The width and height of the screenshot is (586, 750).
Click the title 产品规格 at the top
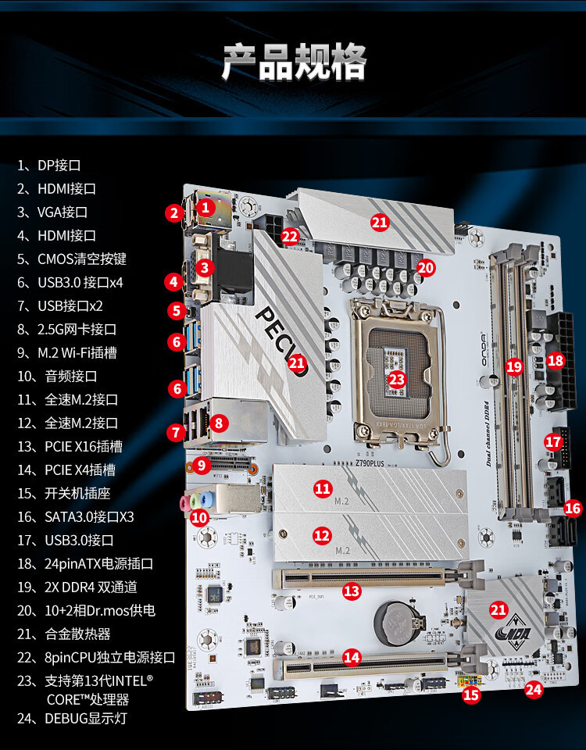click(x=294, y=62)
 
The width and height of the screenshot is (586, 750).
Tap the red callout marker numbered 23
click(x=398, y=379)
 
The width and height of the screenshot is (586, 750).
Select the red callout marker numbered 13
click(x=352, y=591)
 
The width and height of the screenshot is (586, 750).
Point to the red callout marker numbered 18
click(x=556, y=361)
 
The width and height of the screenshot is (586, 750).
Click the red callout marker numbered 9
click(x=202, y=466)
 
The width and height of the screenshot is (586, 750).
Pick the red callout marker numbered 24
click(x=534, y=689)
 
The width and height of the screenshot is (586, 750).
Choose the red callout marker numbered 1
click(x=205, y=207)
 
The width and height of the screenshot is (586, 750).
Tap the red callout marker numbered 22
click(x=291, y=235)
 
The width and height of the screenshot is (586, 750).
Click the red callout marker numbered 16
click(x=573, y=509)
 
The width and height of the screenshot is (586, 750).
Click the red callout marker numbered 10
click(x=199, y=516)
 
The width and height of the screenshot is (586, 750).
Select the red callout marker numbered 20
click(x=425, y=267)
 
